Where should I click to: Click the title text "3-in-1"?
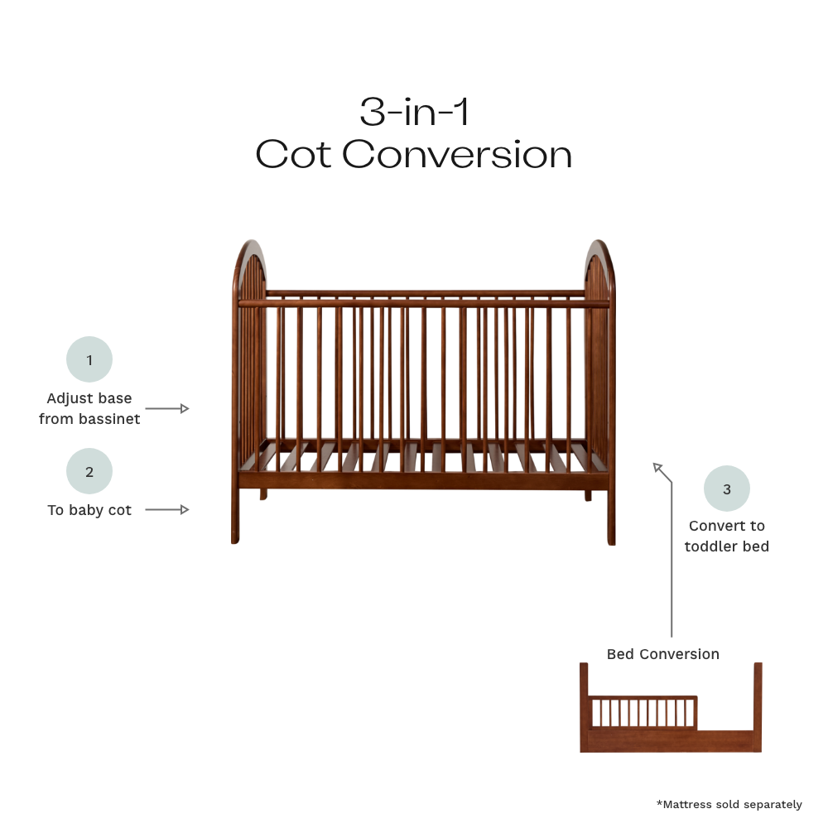[x=414, y=112]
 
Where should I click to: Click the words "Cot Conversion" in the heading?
[x=414, y=155]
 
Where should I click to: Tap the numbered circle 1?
[x=89, y=359]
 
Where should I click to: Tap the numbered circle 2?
[x=89, y=471]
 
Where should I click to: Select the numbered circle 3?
[x=727, y=489]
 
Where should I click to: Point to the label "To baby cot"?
[x=89, y=510]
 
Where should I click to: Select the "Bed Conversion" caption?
[x=663, y=654]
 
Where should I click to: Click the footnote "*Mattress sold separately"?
[x=729, y=804]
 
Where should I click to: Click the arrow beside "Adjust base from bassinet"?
[x=167, y=408]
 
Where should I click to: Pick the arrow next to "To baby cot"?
[x=167, y=509]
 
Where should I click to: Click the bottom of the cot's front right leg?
[x=611, y=540]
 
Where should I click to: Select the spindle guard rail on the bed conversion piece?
[x=642, y=712]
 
